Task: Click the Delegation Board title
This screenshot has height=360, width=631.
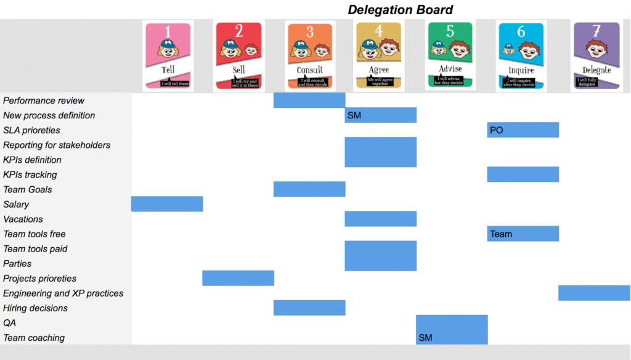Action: [400, 9]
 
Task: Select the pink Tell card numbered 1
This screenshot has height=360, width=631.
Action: [168, 55]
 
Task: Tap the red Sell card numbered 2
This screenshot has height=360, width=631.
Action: [238, 55]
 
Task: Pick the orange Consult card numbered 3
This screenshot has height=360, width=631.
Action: [310, 55]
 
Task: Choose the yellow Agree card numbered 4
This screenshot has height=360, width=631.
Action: [378, 55]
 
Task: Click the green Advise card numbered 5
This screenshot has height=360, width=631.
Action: [450, 55]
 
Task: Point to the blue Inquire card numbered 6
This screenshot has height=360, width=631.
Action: [521, 55]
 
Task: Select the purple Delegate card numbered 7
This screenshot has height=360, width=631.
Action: [596, 55]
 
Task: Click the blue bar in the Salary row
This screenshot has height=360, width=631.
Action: [167, 204]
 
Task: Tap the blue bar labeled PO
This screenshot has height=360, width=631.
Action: [523, 130]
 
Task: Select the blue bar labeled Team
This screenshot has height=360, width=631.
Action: [523, 234]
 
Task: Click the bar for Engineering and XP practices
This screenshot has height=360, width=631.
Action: [594, 293]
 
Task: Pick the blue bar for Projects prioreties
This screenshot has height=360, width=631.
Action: [238, 278]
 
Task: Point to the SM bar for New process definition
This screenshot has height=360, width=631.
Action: [380, 115]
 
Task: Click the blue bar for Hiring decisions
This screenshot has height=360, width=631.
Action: [309, 308]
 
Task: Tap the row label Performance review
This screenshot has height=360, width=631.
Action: [44, 100]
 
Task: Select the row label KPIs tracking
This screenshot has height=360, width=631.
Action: [30, 174]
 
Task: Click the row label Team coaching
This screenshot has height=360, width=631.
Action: [33, 338]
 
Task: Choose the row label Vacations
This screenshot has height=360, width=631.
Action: [23, 219]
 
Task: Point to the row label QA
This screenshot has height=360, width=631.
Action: [9, 323]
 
